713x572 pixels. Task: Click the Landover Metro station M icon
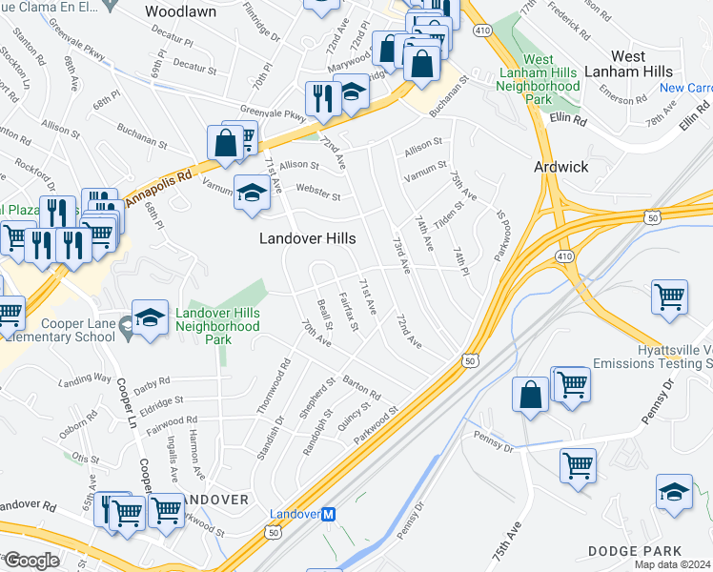[329, 514]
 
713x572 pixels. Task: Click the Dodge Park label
[635, 551]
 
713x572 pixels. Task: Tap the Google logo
[31, 561]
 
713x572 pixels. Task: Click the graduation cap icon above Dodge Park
[674, 492]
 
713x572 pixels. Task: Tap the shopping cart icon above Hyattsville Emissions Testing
[670, 296]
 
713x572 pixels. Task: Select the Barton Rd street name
[362, 384]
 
